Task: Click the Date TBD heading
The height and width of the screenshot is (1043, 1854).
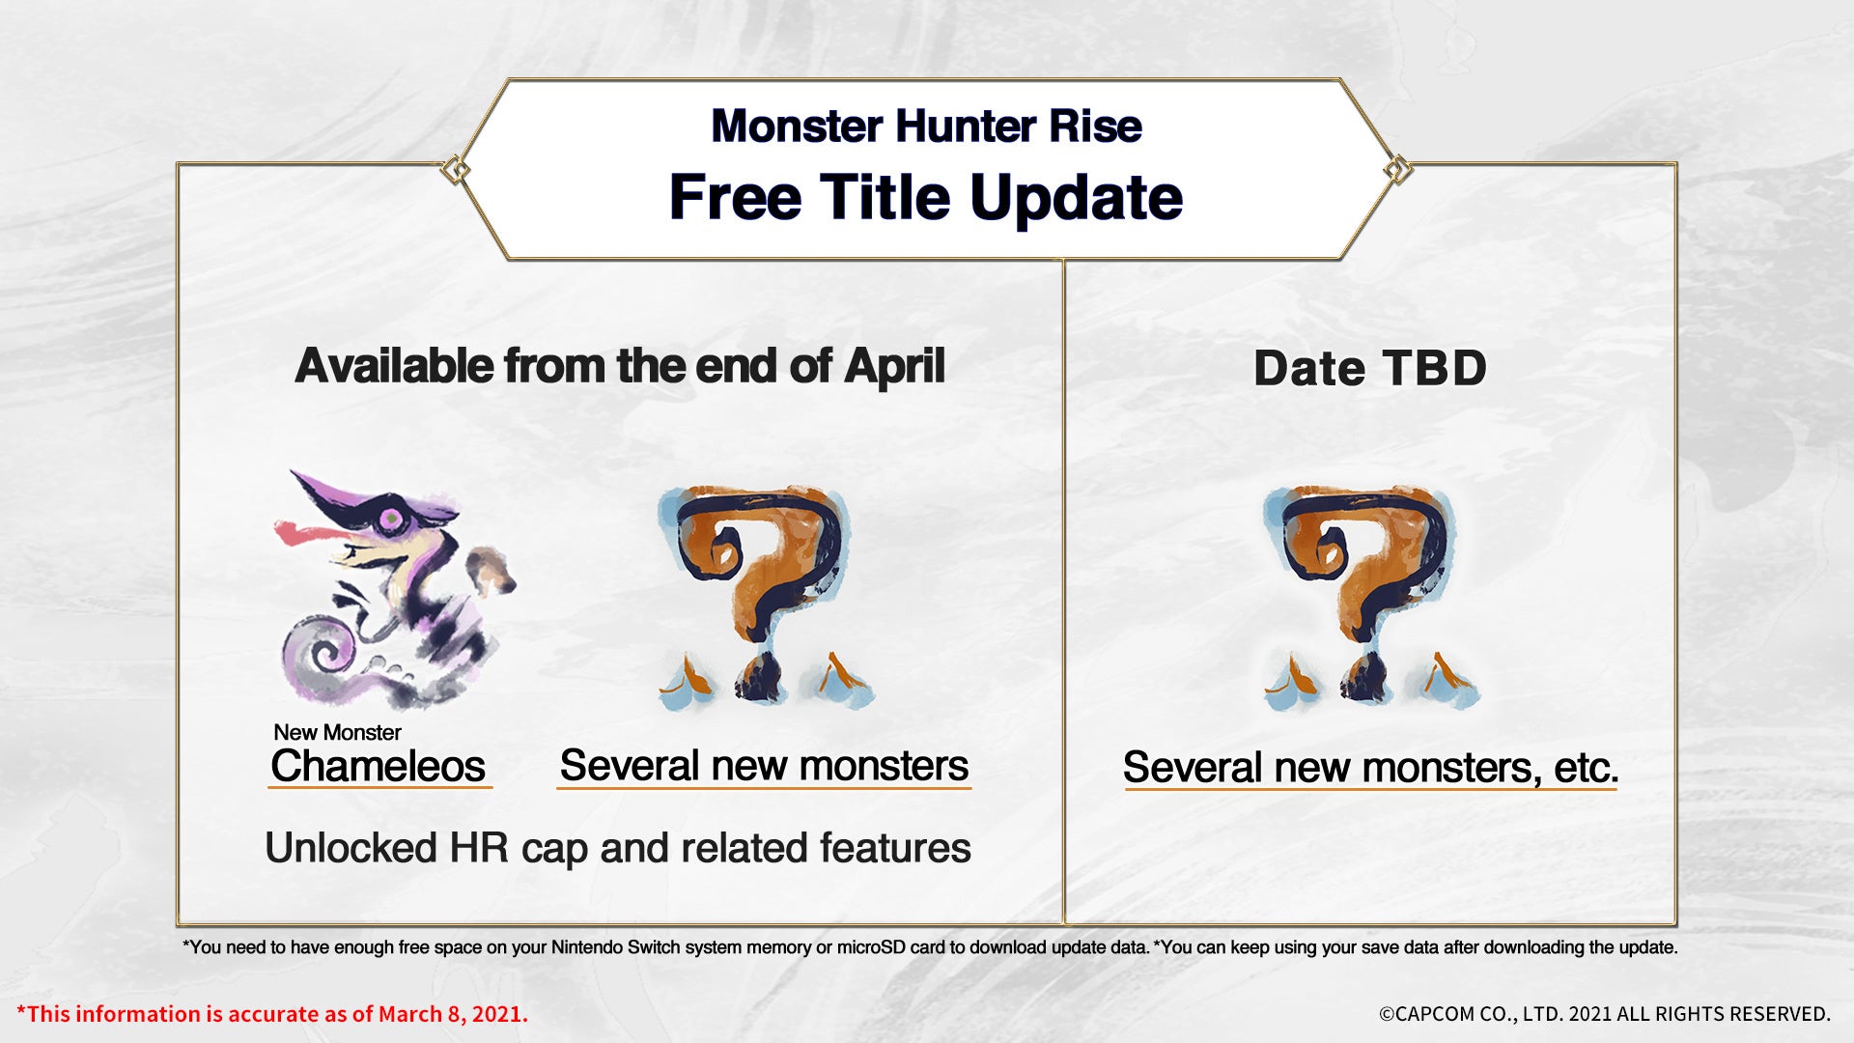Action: [1369, 368]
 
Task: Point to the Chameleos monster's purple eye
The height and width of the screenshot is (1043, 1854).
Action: [391, 520]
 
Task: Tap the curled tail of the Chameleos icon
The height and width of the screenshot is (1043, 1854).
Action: [323, 657]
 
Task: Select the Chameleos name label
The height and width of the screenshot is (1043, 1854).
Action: [378, 766]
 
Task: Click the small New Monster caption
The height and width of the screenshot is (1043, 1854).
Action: [337, 732]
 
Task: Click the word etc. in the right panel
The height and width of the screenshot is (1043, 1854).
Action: [1586, 769]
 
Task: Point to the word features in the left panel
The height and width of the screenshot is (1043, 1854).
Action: [895, 848]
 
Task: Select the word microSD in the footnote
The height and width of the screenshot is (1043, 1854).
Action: [871, 947]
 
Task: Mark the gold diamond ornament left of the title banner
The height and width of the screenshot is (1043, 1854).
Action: [456, 171]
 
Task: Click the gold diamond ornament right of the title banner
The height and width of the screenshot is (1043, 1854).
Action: [1396, 171]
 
